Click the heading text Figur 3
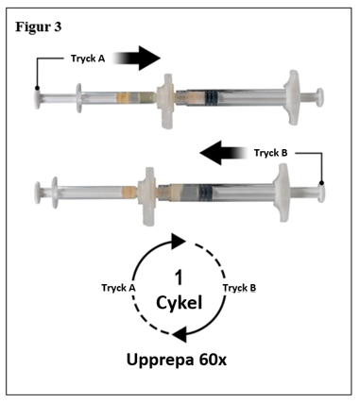[39, 27]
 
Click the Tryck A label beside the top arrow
[88, 59]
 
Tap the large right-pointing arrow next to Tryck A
[137, 59]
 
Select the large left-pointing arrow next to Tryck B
[224, 153]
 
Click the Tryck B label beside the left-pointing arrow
[271, 153]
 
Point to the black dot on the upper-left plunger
[37, 88]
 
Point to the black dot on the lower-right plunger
[321, 183]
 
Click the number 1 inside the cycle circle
[179, 277]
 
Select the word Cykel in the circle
[179, 303]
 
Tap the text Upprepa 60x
[177, 360]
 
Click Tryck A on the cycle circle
[118, 288]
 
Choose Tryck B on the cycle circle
[239, 288]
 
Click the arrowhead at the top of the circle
[178, 242]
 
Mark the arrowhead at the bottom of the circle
[180, 334]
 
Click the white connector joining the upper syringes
[166, 101]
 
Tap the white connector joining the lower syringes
[147, 196]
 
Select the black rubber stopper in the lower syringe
[205, 191]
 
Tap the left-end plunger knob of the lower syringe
[38, 193]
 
